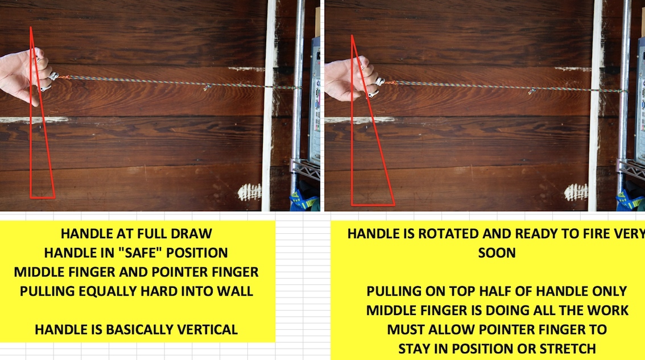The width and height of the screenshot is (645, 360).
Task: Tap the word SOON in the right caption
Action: point(497,253)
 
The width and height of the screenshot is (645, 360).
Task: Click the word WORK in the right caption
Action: point(607,310)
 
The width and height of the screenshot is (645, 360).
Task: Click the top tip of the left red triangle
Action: point(31,27)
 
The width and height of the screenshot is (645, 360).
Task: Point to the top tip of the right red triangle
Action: point(352,35)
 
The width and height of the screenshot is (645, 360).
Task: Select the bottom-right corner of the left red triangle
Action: point(55,198)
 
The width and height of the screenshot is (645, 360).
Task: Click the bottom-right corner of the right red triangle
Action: point(395,205)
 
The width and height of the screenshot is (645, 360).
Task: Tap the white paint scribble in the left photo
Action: point(249,192)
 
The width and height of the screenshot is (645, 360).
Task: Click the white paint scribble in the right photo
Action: point(576,192)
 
